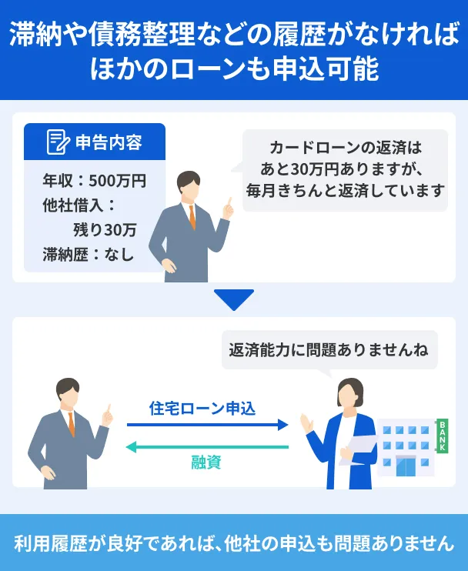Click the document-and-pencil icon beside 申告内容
pyautogui.click(x=58, y=142)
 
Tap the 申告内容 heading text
pyautogui.click(x=109, y=142)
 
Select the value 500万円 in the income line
pyautogui.click(x=117, y=181)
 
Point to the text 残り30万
pyautogui.click(x=105, y=230)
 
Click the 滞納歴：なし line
pyautogui.click(x=89, y=254)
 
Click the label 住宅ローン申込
pyautogui.click(x=202, y=408)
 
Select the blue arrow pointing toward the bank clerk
pyautogui.click(x=208, y=425)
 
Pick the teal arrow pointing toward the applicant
pyautogui.click(x=207, y=447)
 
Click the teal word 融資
pyautogui.click(x=206, y=462)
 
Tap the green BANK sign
pyautogui.click(x=442, y=436)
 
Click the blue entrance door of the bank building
pyautogui.click(x=406, y=466)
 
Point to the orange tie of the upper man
pyautogui.click(x=192, y=217)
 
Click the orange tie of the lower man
pyautogui.click(x=72, y=424)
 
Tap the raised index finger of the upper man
pyautogui.click(x=229, y=202)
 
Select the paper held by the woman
pyautogui.click(x=359, y=449)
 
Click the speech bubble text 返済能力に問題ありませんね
pyautogui.click(x=329, y=350)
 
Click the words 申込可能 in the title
pyautogui.click(x=326, y=68)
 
